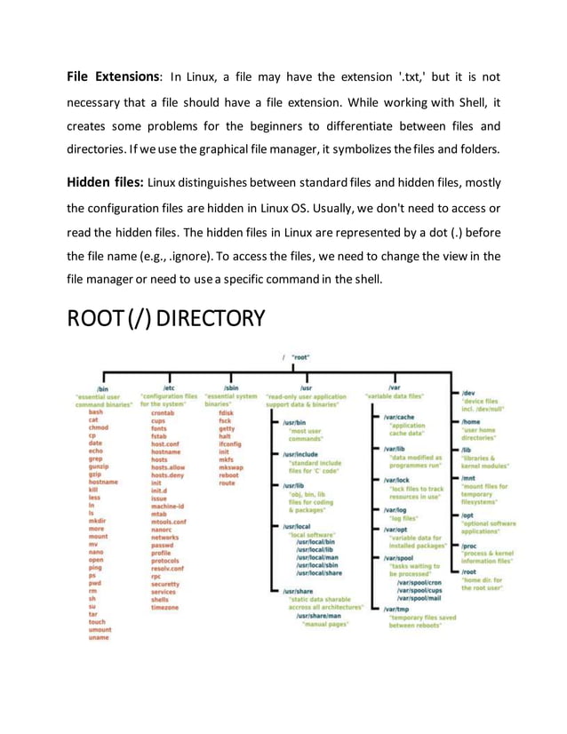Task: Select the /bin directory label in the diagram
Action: [x=102, y=388]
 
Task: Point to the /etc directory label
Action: [x=169, y=388]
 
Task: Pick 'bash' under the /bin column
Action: [x=95, y=412]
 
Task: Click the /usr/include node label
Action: [x=300, y=454]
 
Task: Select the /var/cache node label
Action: [x=399, y=416]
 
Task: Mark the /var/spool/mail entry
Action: [x=418, y=598]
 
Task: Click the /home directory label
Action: [x=471, y=422]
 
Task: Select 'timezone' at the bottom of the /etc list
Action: [x=165, y=607]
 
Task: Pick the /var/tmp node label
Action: [x=396, y=609]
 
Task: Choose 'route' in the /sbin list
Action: [x=227, y=483]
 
